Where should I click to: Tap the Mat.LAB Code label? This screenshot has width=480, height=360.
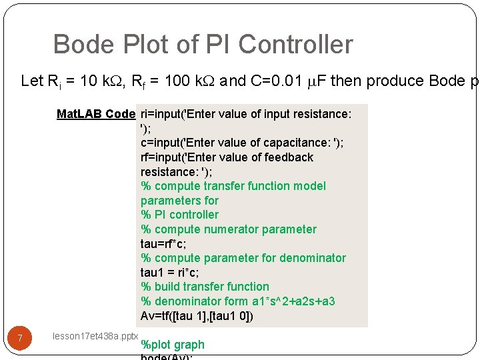(x=96, y=114)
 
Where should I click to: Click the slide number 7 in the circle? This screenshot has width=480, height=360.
(x=20, y=339)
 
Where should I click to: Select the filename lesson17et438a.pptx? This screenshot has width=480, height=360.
(x=95, y=337)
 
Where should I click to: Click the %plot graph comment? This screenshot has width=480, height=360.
(x=173, y=345)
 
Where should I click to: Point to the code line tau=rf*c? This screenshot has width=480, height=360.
(x=163, y=243)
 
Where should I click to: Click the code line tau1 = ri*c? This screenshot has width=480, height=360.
(x=169, y=272)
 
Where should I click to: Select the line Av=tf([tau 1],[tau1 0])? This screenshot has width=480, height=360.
(x=197, y=315)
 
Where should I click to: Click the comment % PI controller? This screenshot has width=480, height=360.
(x=179, y=215)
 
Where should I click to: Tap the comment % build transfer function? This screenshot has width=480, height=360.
(x=205, y=287)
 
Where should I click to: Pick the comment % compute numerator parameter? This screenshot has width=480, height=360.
(x=229, y=229)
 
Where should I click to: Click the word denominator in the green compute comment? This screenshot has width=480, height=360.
(x=313, y=258)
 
